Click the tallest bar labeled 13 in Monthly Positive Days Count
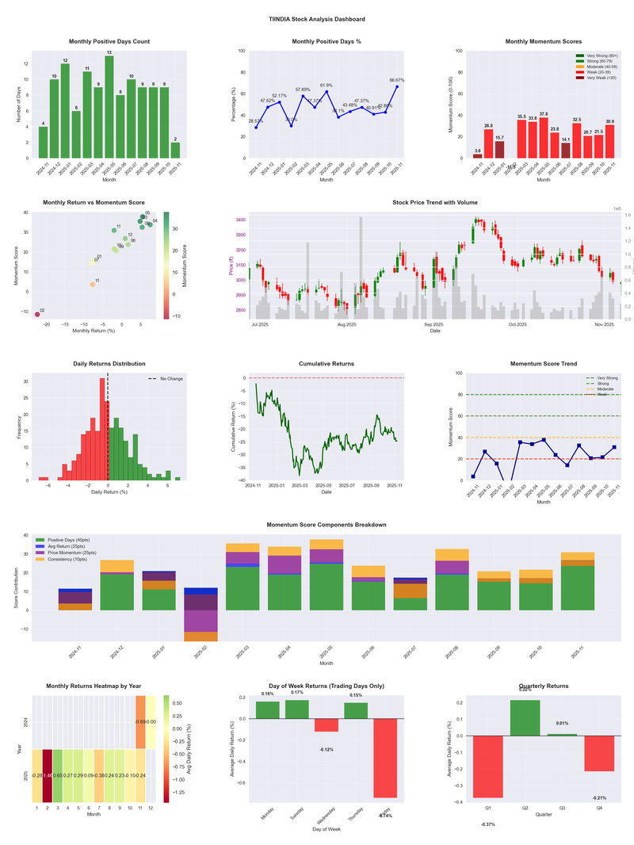tap(109, 106)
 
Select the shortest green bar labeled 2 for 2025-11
tap(175, 150)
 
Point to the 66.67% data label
tap(397, 80)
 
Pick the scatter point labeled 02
tap(36, 315)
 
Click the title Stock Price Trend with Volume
tap(435, 203)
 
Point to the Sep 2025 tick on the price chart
tap(433, 324)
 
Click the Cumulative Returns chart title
tap(327, 364)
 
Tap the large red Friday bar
tap(385, 758)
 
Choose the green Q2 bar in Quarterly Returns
tap(525, 717)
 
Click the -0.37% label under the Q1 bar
tap(487, 824)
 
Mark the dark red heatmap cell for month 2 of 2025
tap(47, 775)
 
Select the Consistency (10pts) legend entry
tap(77, 560)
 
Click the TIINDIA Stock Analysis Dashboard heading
tap(317, 18)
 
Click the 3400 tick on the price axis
tap(240, 220)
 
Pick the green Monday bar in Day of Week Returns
tap(268, 710)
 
